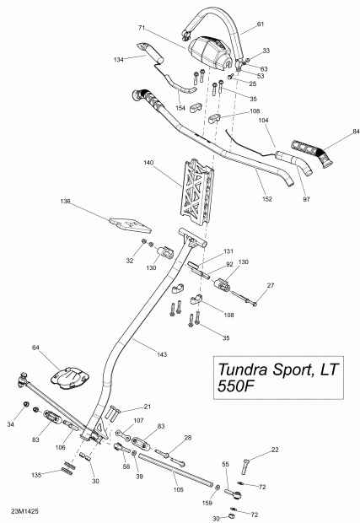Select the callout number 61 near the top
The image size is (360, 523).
tap(260, 25)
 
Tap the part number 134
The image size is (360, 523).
tap(119, 59)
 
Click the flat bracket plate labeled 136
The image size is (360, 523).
tap(130, 224)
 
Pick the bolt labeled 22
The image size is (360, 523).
tap(248, 463)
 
